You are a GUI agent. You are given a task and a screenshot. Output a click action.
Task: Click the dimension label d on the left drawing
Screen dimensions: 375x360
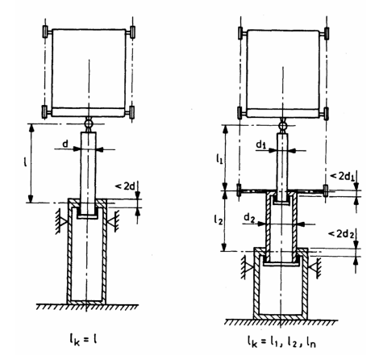(65, 144)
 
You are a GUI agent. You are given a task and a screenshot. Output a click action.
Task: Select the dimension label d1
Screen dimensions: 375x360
(260, 145)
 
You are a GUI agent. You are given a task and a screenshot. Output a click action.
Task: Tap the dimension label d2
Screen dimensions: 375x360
(249, 218)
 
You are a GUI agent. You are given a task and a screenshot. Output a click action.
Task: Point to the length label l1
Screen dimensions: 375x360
(219, 160)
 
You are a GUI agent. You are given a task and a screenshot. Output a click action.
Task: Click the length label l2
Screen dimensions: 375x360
(219, 220)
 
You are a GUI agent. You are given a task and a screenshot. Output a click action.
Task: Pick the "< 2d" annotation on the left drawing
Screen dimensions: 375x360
(124, 186)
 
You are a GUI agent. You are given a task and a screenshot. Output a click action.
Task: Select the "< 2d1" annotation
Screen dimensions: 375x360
(343, 176)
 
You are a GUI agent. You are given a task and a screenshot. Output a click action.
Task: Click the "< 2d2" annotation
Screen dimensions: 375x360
(341, 234)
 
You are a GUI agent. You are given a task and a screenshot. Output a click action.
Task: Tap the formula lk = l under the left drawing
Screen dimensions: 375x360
(82, 340)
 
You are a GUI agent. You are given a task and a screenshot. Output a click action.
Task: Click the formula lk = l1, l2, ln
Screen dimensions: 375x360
(281, 341)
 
